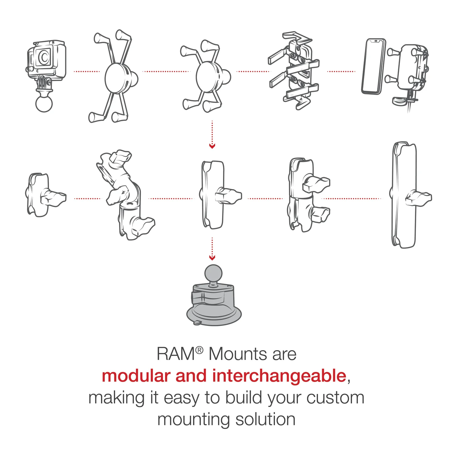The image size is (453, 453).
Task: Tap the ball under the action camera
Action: [x=44, y=103]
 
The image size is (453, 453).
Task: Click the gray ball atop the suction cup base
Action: [x=213, y=274]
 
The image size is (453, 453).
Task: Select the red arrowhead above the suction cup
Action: [x=212, y=258]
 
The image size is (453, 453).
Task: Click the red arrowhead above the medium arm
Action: [x=212, y=146]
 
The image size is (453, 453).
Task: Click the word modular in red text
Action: [x=136, y=376]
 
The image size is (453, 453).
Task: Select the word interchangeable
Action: [x=279, y=376]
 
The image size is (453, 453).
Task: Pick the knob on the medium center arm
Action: [x=228, y=195]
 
